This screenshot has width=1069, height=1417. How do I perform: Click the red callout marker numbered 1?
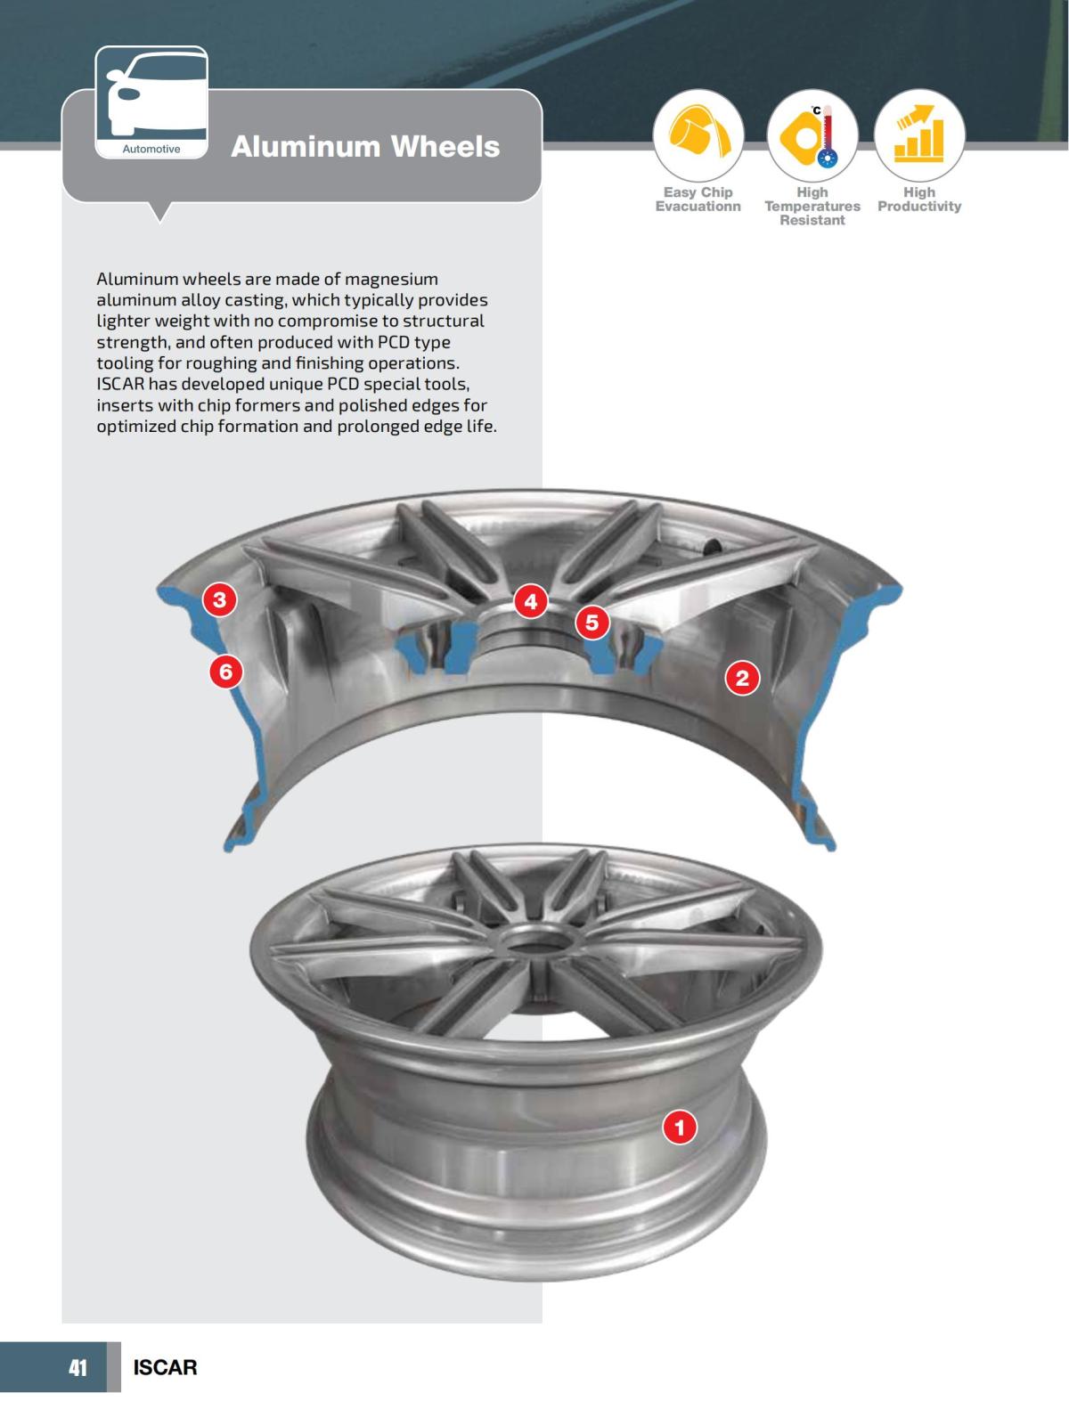pyautogui.click(x=680, y=1128)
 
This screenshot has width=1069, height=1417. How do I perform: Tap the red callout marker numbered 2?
pyautogui.click(x=742, y=679)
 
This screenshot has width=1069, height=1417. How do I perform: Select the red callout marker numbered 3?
pyautogui.click(x=220, y=599)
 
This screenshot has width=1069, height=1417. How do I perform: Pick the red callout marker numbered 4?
pyautogui.click(x=531, y=601)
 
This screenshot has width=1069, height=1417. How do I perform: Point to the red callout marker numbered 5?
pyautogui.click(x=592, y=622)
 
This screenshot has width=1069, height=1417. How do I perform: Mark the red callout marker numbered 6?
pyautogui.click(x=226, y=671)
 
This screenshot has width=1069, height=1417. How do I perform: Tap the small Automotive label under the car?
pyautogui.click(x=151, y=149)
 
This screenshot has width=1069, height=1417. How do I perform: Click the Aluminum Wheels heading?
pyautogui.click(x=365, y=146)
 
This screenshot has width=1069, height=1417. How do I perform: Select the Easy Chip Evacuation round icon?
pyautogui.click(x=698, y=135)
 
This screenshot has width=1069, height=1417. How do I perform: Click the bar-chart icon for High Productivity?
pyautogui.click(x=919, y=135)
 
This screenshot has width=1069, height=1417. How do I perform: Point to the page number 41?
pyautogui.click(x=78, y=1367)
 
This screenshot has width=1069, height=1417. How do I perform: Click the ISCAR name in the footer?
pyautogui.click(x=165, y=1367)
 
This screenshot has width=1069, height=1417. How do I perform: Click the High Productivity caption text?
pyautogui.click(x=919, y=199)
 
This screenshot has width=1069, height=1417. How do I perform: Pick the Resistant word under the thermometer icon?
pyautogui.click(x=812, y=220)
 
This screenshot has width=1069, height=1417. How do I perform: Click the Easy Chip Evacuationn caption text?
pyautogui.click(x=698, y=199)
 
